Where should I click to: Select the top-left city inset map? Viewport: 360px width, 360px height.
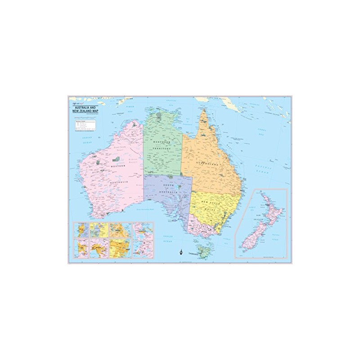81,230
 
